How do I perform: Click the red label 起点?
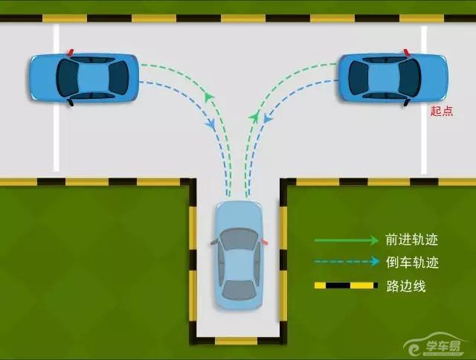[442, 111]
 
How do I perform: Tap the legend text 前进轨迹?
[411, 240]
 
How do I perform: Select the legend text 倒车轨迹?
[412, 263]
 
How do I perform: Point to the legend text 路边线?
[406, 286]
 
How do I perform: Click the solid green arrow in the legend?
[346, 240]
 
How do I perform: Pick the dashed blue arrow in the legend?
[347, 261]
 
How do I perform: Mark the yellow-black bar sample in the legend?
[346, 286]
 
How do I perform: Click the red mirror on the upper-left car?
[71, 53]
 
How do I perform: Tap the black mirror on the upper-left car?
[71, 103]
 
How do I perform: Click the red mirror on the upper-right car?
[407, 53]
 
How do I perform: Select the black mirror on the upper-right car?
[407, 103]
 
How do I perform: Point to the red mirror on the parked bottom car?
[264, 242]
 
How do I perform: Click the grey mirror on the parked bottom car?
[213, 242]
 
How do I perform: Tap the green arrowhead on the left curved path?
[208, 97]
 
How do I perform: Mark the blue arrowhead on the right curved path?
[268, 118]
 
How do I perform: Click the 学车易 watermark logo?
[435, 345]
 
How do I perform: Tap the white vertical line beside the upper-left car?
[57, 97]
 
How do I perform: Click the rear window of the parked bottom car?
[239, 290]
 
